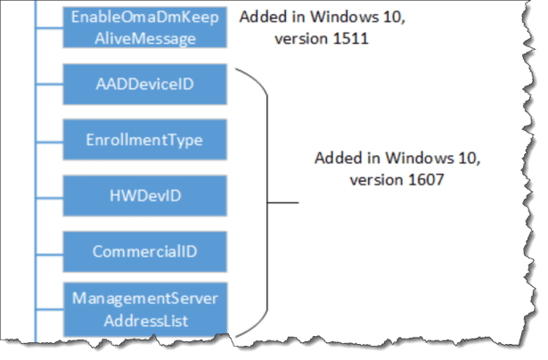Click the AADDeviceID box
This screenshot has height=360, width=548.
tap(144, 85)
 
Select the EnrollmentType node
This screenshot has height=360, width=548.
tap(144, 140)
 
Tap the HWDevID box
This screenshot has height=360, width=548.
tap(144, 195)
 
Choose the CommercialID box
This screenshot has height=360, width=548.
tap(144, 250)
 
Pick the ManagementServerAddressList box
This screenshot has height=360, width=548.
tap(144, 307)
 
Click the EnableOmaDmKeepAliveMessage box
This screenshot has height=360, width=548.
tap(144, 26)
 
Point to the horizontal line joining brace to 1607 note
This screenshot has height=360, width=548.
tap(284, 202)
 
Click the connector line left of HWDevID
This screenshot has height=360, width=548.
tap(50, 196)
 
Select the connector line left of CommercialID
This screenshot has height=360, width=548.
tap(50, 251)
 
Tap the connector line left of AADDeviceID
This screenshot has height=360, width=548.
tap(50, 86)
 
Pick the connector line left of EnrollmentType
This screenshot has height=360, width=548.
tap(50, 141)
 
